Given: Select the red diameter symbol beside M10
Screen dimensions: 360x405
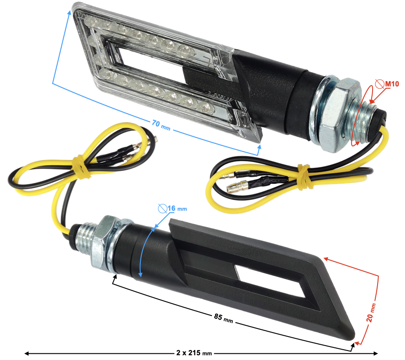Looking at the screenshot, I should [x=379, y=84].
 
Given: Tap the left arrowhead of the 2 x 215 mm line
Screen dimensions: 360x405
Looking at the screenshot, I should [x=26, y=353].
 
